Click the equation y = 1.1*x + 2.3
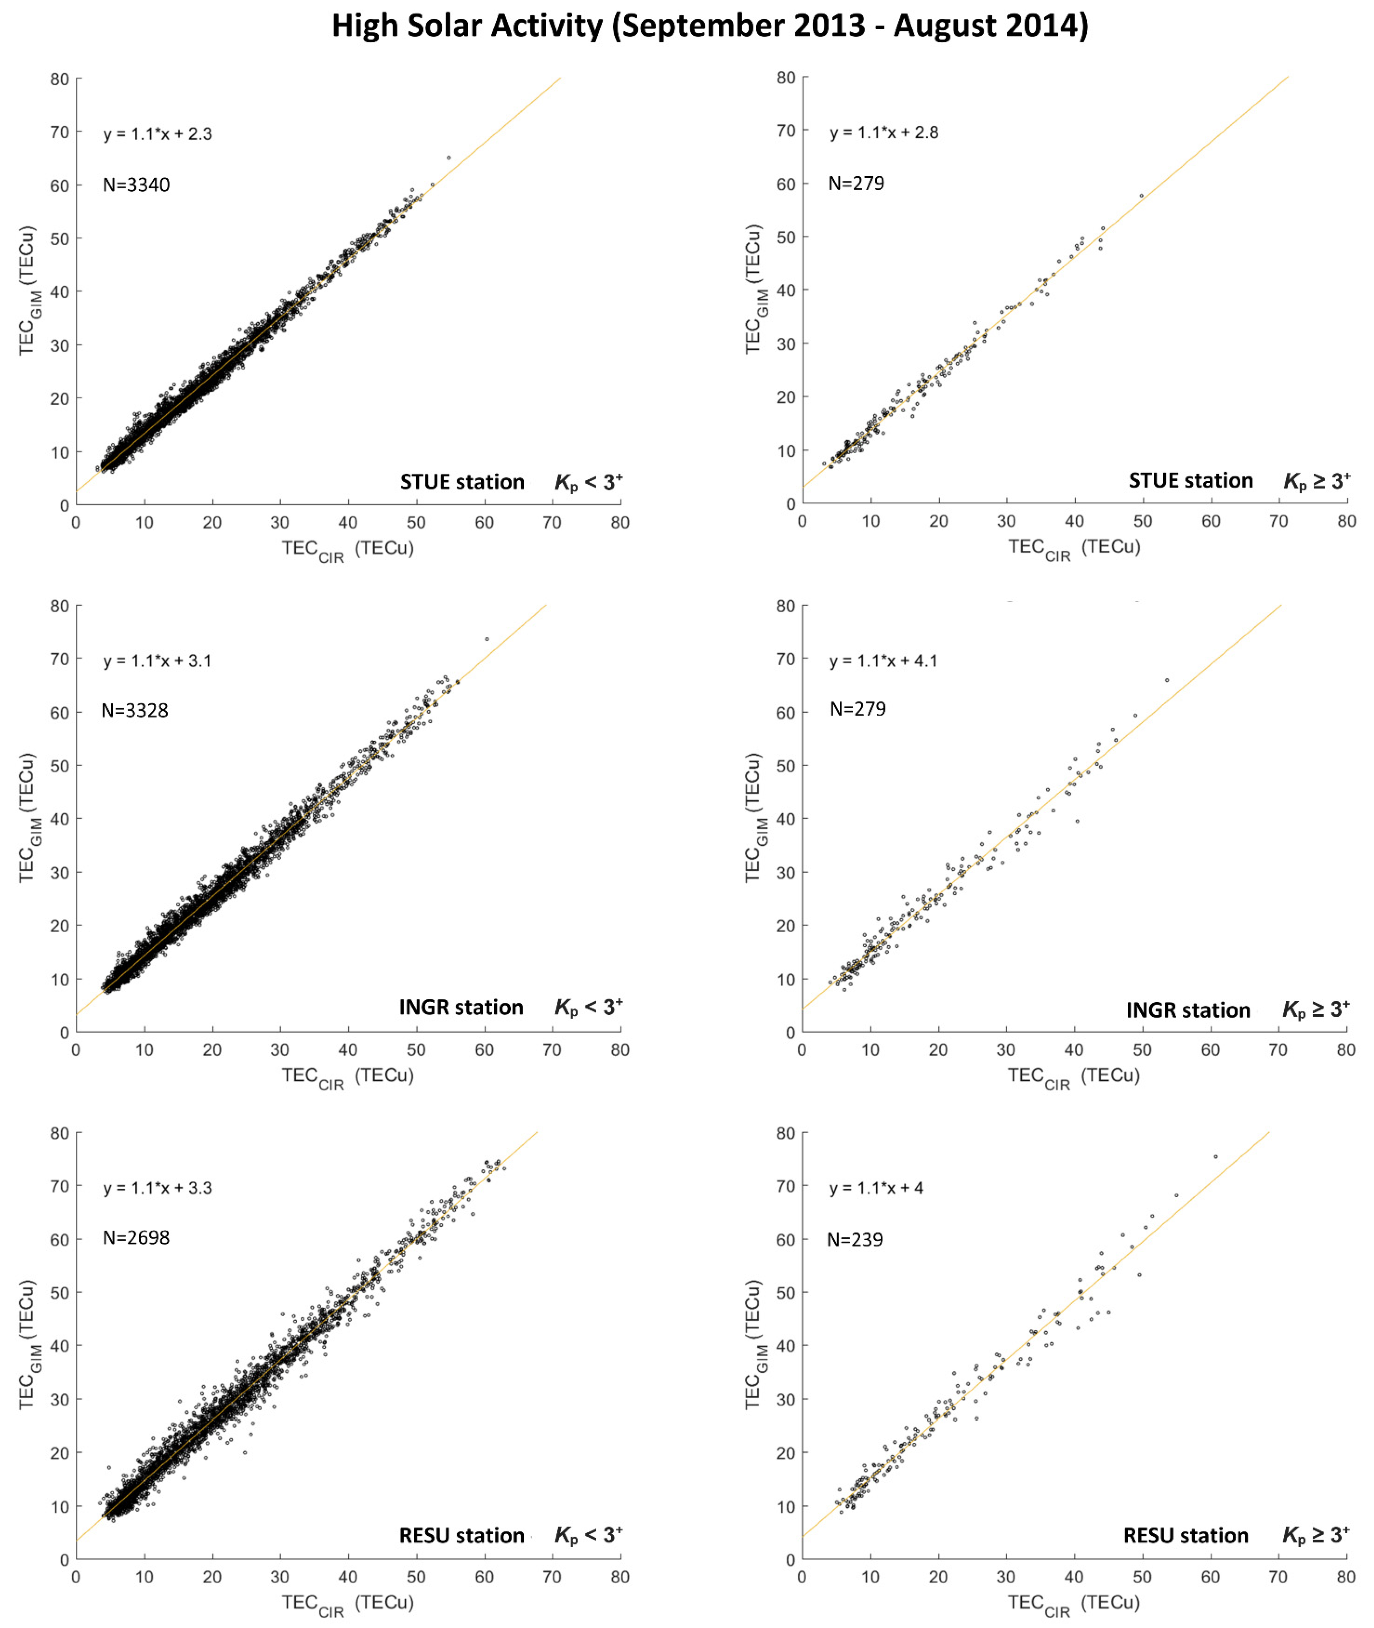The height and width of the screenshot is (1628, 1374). pos(157,134)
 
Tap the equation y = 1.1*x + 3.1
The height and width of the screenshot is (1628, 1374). pos(157,661)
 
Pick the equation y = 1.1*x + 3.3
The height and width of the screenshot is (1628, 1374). pos(157,1188)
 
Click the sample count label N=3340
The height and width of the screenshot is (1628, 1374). pos(136,184)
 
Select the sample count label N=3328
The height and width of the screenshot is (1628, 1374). pos(135,710)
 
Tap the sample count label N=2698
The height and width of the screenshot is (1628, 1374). pos(136,1238)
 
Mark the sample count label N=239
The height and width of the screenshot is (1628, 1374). pos(855,1239)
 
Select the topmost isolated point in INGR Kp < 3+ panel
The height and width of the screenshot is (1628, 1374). pos(487,639)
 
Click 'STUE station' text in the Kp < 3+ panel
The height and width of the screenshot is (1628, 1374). pos(462,482)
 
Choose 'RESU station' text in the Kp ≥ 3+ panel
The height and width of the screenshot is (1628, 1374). pos(1185,1535)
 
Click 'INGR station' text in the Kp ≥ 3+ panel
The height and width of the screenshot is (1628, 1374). pos(1188,1010)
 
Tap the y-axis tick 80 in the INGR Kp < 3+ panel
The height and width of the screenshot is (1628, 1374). pos(60,606)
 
